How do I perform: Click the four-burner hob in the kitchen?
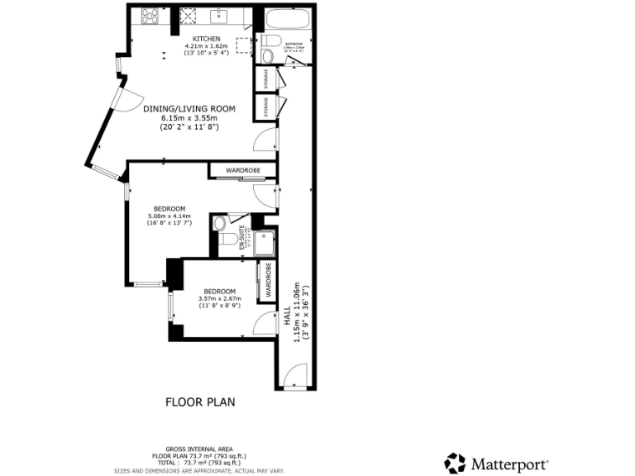[x=150, y=14]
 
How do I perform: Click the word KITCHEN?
[x=207, y=39]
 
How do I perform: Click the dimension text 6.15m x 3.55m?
[x=189, y=117]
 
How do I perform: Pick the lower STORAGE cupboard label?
[x=266, y=107]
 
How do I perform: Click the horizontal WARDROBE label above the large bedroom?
[x=243, y=170]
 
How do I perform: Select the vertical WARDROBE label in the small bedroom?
[x=268, y=281]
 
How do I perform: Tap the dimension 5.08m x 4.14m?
[x=169, y=216]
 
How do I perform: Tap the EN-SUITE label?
[x=242, y=238]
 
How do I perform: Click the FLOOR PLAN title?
[x=201, y=402]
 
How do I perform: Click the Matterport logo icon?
[x=455, y=463]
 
